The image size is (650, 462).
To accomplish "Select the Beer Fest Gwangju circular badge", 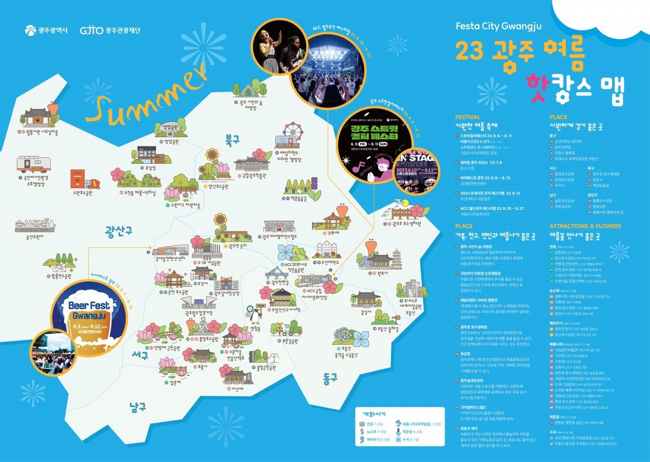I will point(82,310).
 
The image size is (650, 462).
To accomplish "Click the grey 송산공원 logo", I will point(34,223).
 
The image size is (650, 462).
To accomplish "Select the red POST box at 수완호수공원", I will point(77,179).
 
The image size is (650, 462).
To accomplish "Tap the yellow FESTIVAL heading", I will point(467,117).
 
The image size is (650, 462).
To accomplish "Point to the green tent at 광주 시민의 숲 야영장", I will point(250,89).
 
